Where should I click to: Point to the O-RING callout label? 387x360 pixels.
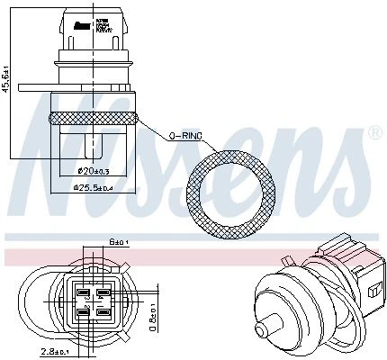coord(187,136)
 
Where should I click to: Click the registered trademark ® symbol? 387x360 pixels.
coord(374,133)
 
